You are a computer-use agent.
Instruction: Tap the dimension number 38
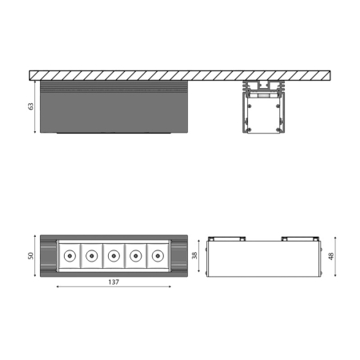coord(194,256)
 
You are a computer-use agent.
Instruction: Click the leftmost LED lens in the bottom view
coord(70,256)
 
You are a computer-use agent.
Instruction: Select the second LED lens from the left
coord(92,256)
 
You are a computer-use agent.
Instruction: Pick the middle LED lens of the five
coord(114,256)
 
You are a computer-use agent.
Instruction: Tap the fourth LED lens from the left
coord(136,256)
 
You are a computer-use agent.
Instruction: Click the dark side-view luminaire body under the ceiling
coord(113,108)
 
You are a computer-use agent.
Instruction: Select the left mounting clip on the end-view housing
coord(234,238)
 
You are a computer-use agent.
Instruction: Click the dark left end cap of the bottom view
coord(48,256)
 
